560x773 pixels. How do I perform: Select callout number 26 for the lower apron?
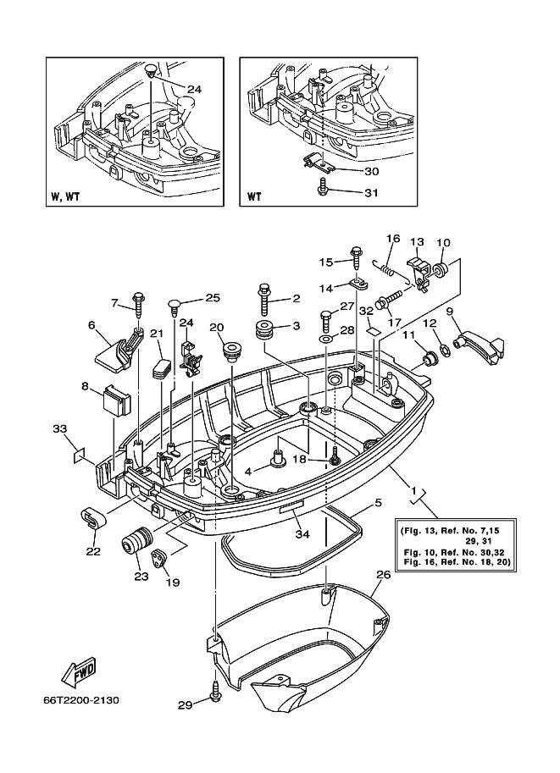click(384, 575)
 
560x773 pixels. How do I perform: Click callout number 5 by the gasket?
click(378, 503)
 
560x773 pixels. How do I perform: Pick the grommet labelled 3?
click(264, 329)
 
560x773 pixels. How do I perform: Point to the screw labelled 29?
click(215, 693)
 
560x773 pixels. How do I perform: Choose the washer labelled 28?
click(326, 340)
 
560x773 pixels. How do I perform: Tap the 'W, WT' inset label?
click(65, 197)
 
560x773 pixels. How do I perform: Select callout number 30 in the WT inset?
click(372, 171)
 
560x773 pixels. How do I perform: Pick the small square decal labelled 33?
click(80, 454)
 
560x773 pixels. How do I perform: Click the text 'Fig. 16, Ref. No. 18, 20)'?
click(457, 561)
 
